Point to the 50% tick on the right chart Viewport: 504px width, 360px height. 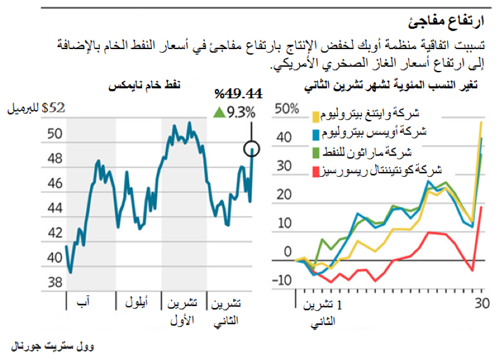287,109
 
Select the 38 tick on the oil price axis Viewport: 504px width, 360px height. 55,282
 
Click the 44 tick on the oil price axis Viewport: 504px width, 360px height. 55,208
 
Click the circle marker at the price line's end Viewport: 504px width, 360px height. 251,148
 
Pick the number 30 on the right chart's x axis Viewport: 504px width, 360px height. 482,302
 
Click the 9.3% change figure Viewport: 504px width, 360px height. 241,112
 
